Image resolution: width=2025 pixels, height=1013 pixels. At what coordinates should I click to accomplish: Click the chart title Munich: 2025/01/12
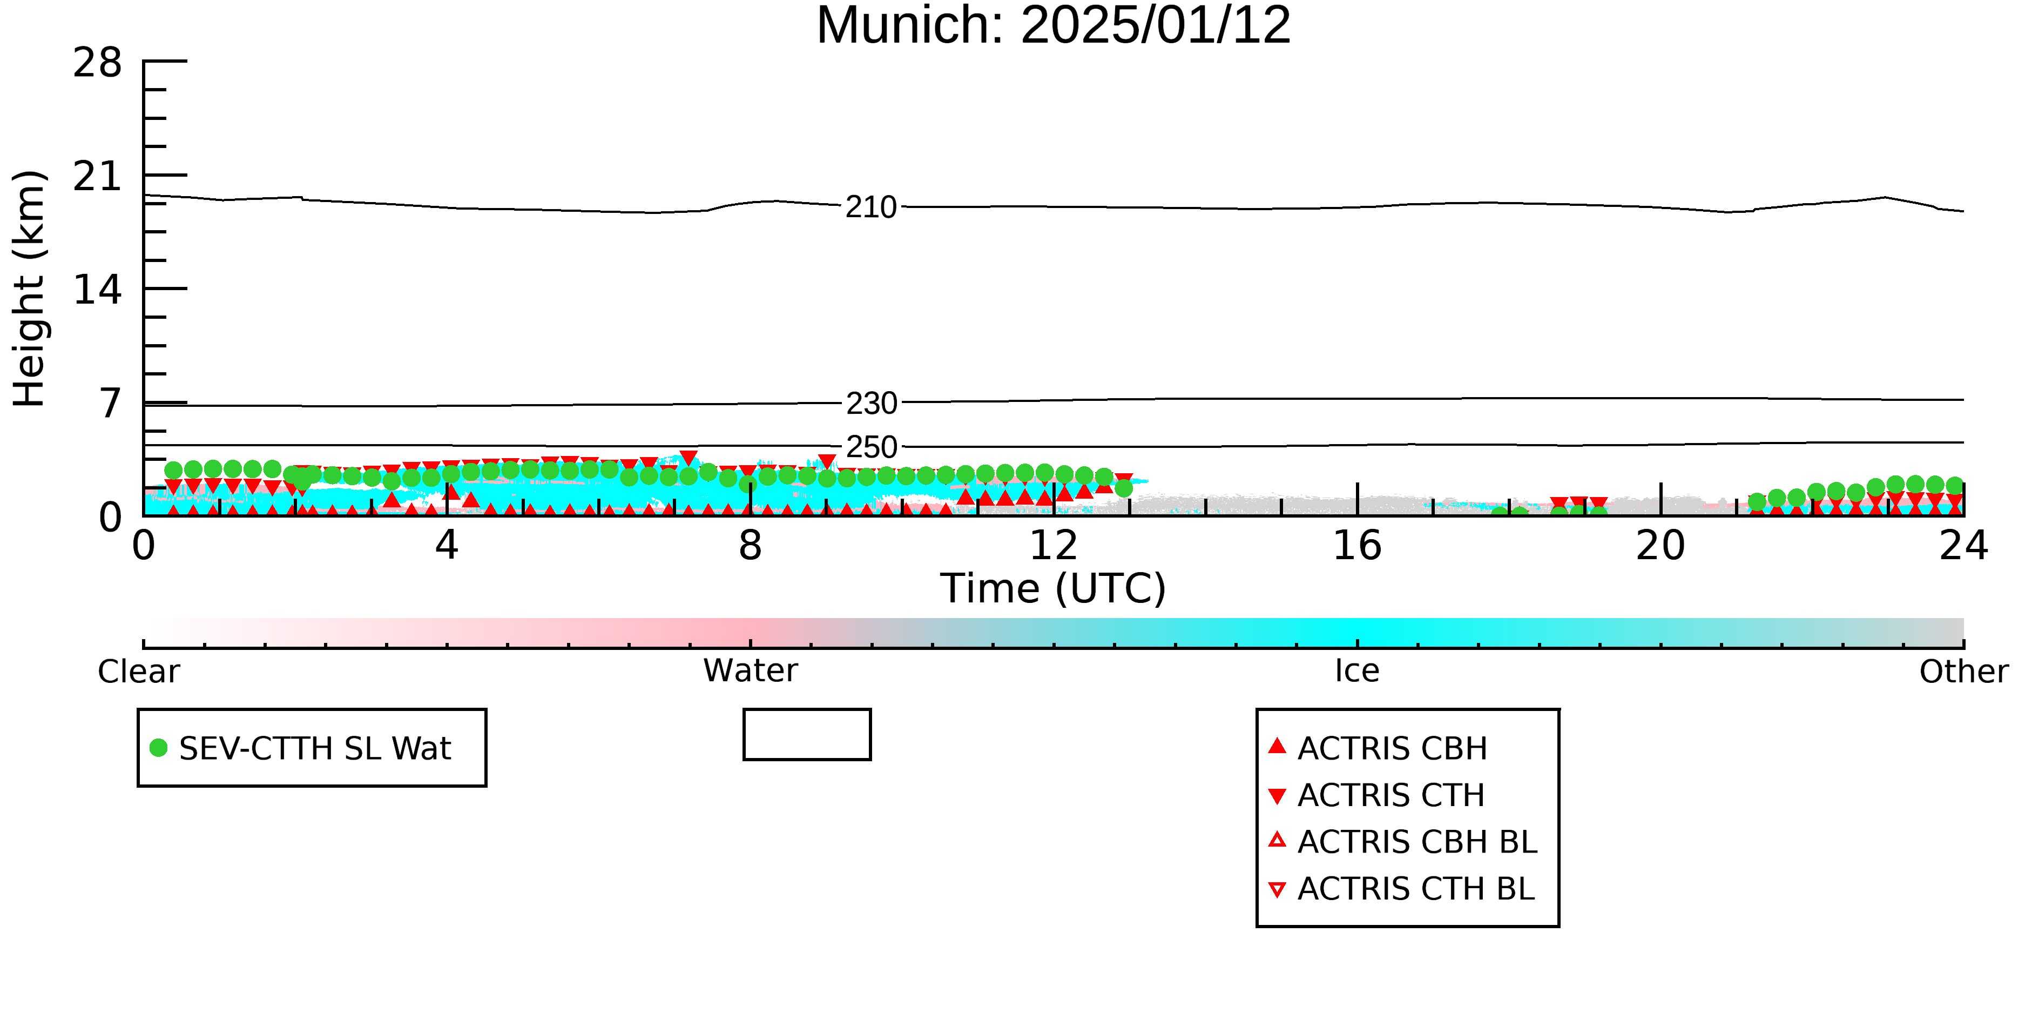pos(1054,25)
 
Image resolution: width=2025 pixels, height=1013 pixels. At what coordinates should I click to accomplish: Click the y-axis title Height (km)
pos(30,289)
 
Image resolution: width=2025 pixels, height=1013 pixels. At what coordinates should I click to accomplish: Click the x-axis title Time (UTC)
pos(1054,588)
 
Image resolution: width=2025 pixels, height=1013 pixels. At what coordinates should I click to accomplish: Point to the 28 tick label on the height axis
pos(98,62)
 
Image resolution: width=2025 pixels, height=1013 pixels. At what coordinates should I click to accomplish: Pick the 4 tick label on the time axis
pos(447,545)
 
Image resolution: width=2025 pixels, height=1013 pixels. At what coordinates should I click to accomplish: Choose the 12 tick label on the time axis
pos(1054,545)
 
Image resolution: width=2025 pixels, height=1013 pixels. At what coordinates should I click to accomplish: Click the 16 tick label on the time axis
pos(1357,545)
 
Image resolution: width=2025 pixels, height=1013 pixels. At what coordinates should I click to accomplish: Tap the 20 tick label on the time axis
pos(1660,545)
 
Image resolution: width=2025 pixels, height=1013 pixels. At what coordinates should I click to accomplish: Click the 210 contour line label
pos(871,207)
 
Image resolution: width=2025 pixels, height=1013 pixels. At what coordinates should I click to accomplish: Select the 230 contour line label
pos(871,404)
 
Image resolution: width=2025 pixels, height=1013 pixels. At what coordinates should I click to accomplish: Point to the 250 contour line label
pos(871,447)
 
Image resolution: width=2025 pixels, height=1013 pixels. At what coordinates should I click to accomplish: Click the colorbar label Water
pos(751,671)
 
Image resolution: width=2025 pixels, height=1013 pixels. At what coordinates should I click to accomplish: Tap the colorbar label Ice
pos(1357,671)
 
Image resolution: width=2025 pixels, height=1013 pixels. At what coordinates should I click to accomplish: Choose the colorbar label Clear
pos(138,671)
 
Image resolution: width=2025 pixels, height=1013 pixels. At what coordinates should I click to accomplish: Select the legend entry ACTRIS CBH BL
pos(1403,842)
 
